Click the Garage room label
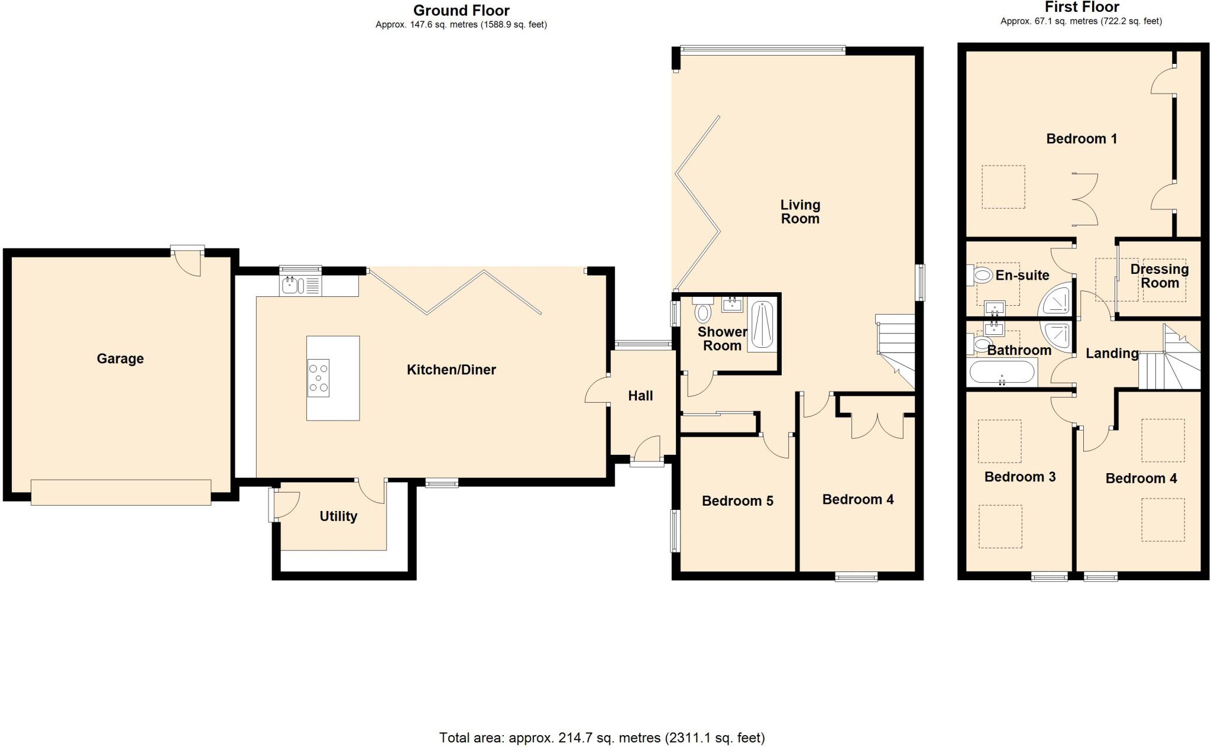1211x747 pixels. point(120,358)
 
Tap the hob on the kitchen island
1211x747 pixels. point(319,378)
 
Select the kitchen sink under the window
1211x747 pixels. point(291,286)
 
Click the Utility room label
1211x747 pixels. point(338,516)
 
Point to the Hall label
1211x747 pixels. point(640,396)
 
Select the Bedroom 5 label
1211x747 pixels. point(737,501)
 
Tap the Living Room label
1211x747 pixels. point(800,212)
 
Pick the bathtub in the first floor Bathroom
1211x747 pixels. point(1002,373)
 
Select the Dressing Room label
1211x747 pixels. point(1159,276)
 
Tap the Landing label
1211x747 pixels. point(1112,353)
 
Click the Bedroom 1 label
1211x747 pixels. point(1082,139)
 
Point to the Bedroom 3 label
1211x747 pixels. point(1019,477)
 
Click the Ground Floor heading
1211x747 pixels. point(461,10)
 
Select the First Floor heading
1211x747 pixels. point(1082,7)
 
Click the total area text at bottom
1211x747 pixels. point(601,738)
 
